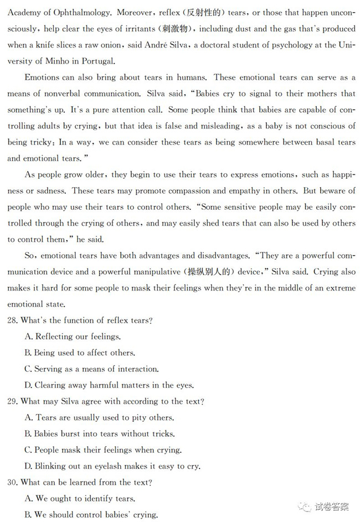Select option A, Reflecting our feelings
73,337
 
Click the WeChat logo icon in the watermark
305,507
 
